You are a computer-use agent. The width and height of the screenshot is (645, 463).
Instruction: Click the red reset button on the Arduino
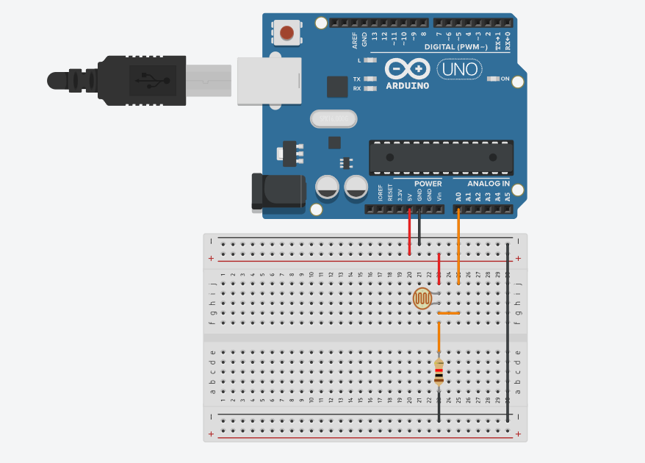(x=287, y=32)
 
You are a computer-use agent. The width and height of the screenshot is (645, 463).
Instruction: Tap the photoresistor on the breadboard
(x=422, y=298)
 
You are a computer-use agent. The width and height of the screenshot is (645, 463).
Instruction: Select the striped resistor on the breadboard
(x=439, y=372)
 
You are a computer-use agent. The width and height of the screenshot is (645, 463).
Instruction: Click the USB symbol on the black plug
(x=152, y=80)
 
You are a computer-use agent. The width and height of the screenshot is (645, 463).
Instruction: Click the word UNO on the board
(x=459, y=70)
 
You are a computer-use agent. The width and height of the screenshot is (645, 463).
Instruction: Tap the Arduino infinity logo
(x=408, y=70)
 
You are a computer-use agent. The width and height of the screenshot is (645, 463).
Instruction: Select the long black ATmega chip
(x=441, y=157)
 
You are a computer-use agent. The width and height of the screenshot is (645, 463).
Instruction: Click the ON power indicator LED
(x=494, y=79)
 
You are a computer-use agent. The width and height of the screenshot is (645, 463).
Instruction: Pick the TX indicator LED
(x=370, y=79)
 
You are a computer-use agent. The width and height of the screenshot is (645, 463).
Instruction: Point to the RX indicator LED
(x=370, y=88)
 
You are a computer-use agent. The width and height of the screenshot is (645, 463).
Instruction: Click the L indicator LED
(x=370, y=60)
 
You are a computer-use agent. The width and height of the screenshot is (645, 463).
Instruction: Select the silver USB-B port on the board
(x=269, y=80)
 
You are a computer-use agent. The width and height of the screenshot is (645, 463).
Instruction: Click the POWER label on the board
(x=428, y=184)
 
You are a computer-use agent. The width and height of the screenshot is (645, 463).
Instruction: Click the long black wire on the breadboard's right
(x=508, y=331)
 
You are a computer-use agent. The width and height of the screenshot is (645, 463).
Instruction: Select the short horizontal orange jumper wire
(x=448, y=313)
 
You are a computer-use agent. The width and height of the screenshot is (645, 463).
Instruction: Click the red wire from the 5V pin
(x=409, y=232)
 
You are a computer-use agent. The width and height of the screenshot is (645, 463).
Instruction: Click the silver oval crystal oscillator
(x=332, y=118)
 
